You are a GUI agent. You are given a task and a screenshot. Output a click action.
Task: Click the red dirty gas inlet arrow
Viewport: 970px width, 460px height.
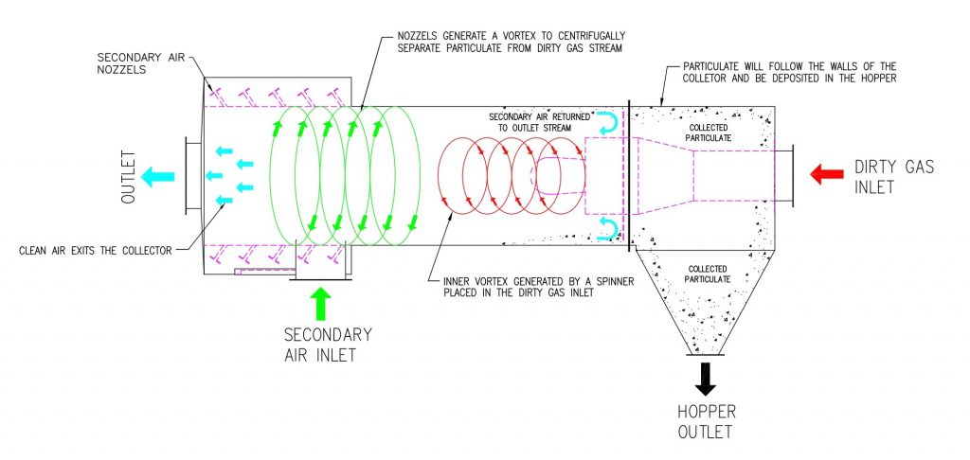point(826,174)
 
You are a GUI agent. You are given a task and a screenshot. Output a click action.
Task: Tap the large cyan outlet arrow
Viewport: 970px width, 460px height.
point(158,177)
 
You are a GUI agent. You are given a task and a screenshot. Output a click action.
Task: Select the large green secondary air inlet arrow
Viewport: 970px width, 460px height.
point(320,304)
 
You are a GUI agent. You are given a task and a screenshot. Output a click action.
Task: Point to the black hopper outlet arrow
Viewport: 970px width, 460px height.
point(705,379)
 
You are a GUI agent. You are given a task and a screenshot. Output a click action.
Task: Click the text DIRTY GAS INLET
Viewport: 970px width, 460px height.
point(894,176)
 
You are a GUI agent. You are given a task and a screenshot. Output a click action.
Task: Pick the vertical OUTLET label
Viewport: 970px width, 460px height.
point(128,177)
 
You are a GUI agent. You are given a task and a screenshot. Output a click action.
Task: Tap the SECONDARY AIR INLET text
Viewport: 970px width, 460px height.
point(328,345)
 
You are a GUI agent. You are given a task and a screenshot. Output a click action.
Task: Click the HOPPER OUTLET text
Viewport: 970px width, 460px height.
point(707,422)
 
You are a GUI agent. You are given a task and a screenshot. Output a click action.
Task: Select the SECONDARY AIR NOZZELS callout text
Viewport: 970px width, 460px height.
point(140,63)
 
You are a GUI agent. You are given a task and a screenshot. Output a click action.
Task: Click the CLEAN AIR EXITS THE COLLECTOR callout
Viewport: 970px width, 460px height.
point(96,251)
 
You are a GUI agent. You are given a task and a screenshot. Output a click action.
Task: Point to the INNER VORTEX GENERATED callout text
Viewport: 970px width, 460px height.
point(519,287)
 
